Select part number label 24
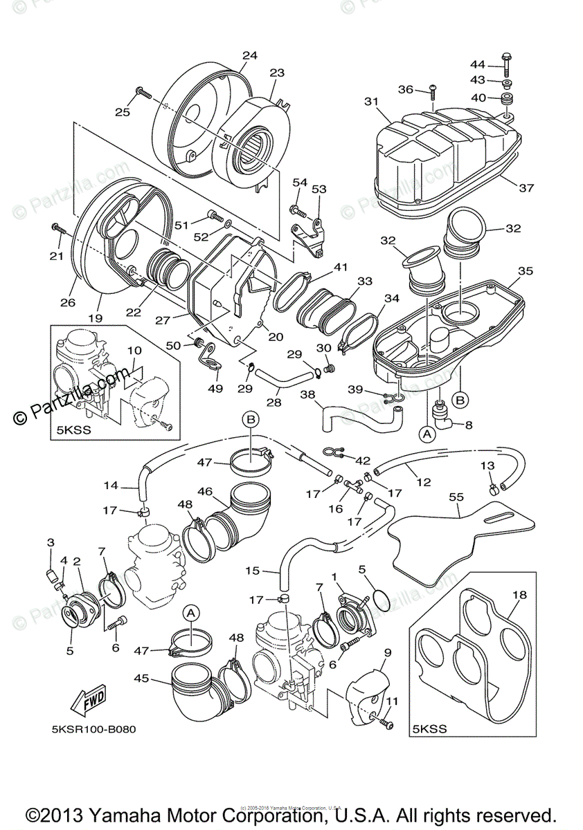(250, 55)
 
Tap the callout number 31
(372, 101)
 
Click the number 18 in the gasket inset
(520, 595)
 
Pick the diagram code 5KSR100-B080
(93, 750)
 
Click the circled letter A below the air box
(427, 434)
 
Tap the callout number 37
(527, 187)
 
